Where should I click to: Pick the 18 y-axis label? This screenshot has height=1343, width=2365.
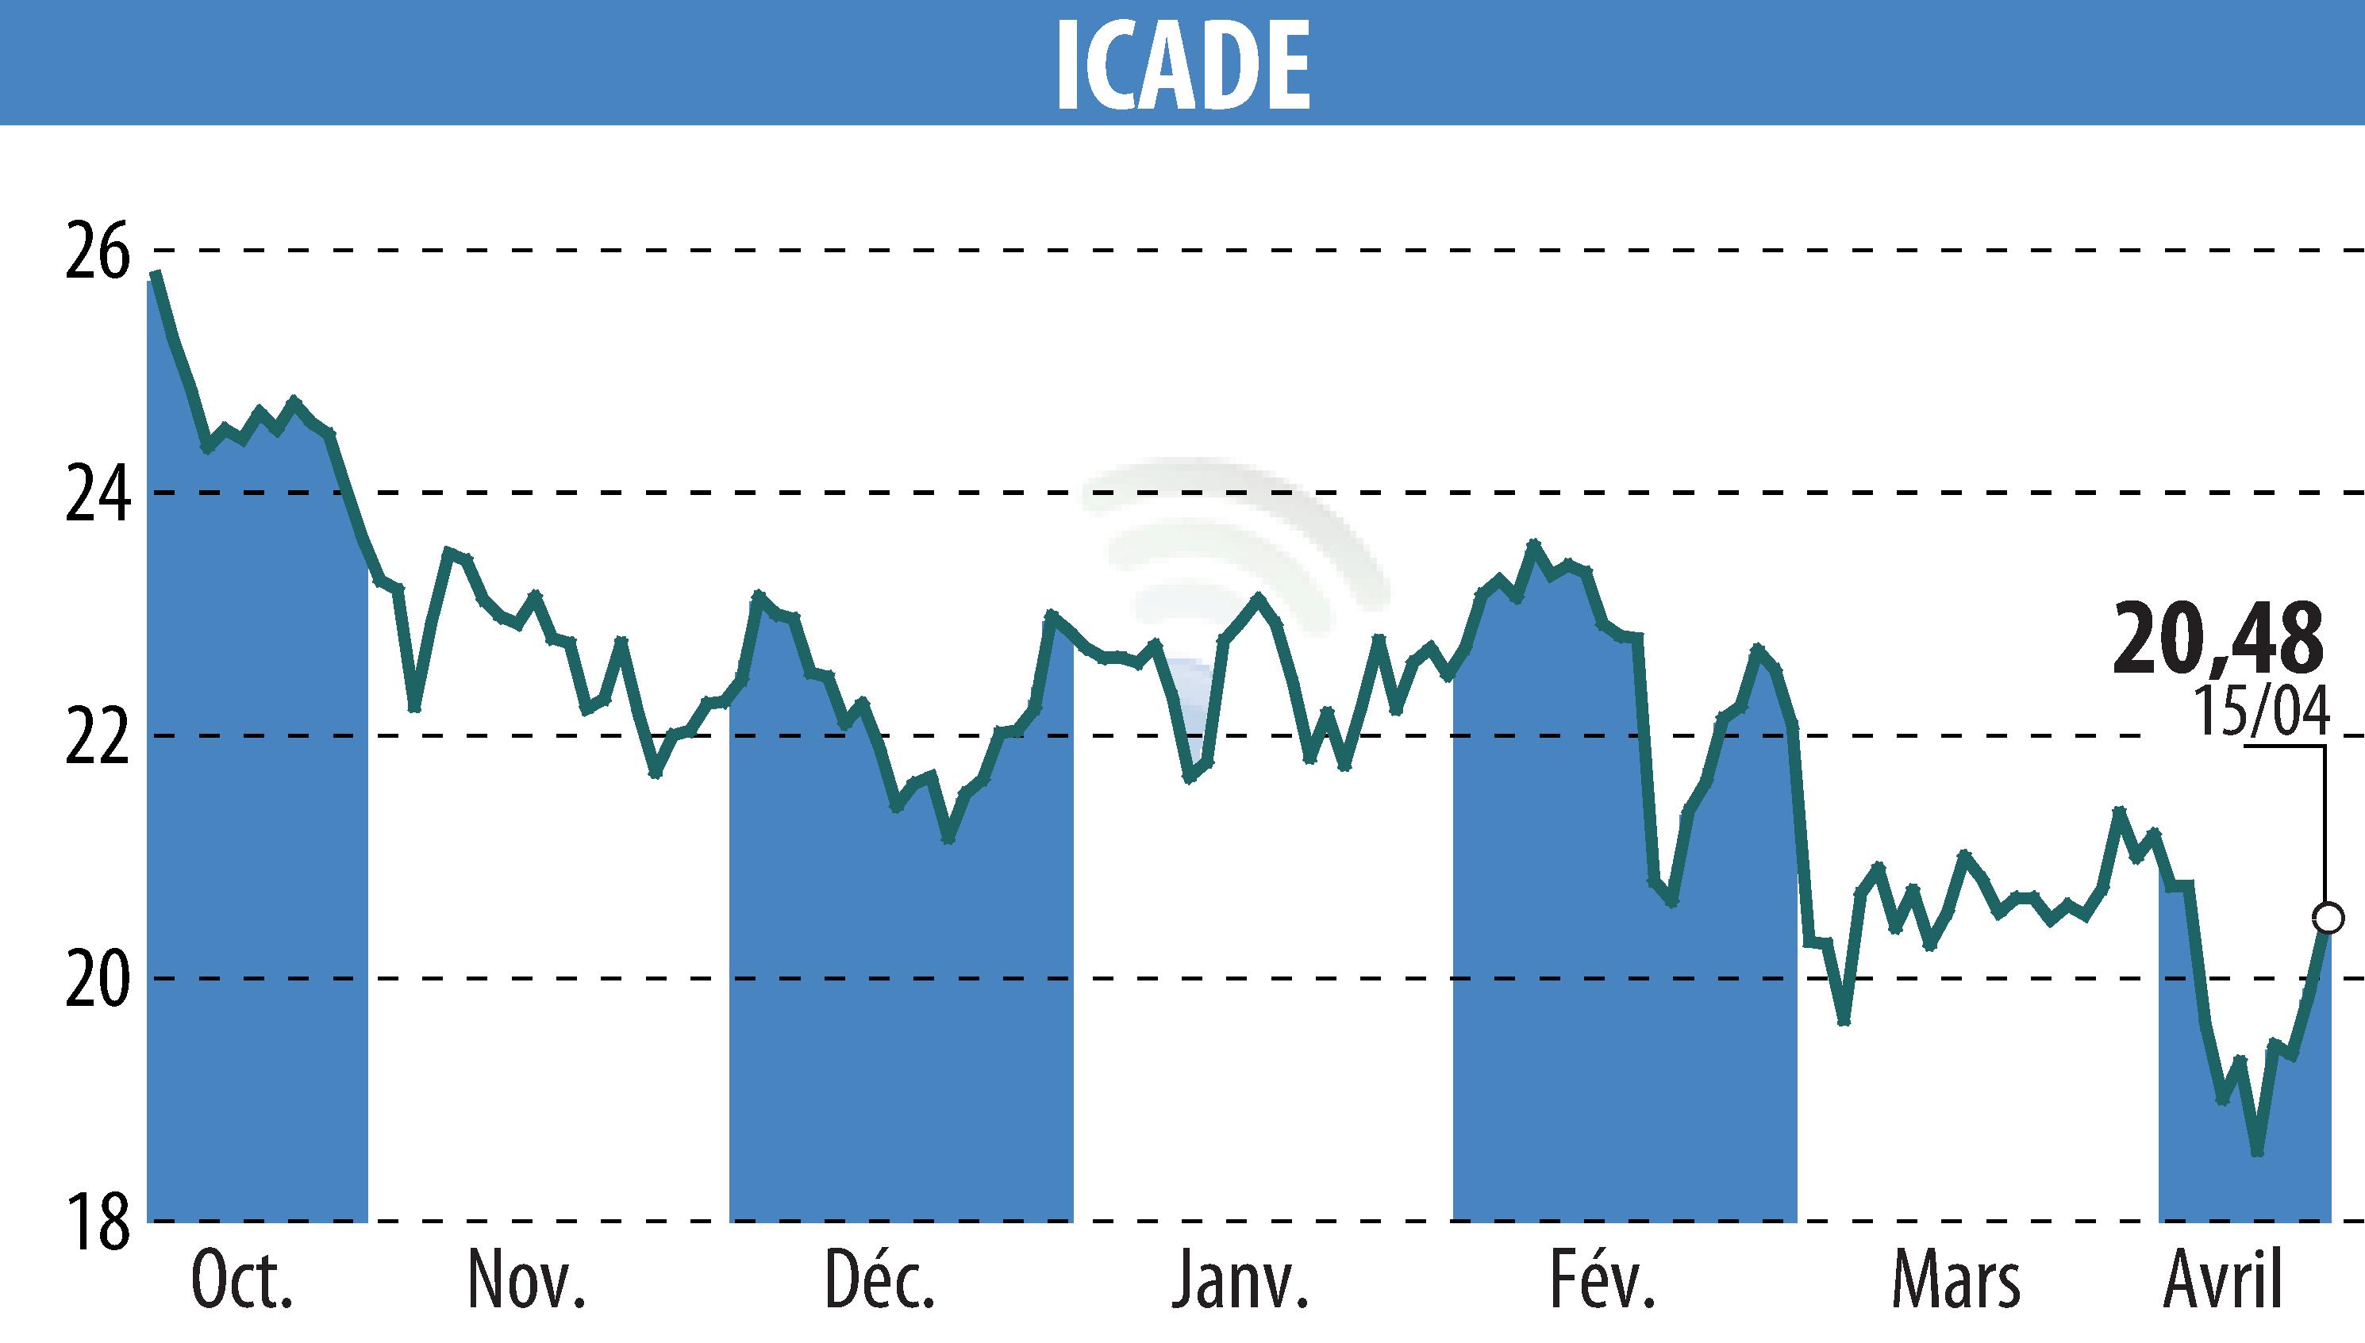(97, 1222)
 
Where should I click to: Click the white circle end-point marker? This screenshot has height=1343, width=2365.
(2328, 919)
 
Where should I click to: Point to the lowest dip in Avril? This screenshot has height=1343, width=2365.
(2258, 1152)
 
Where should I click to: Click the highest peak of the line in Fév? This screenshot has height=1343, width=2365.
(1533, 544)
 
